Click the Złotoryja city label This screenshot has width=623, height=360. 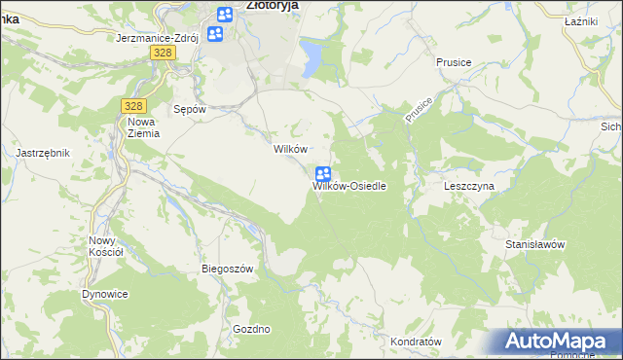(272, 5)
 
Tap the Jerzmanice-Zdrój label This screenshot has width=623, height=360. (157, 38)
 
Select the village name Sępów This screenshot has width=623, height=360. (189, 109)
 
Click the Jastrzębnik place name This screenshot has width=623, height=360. (42, 153)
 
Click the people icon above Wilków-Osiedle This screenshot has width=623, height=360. (323, 174)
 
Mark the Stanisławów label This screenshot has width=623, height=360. (535, 244)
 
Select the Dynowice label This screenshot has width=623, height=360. (105, 294)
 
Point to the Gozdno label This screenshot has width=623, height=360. (251, 329)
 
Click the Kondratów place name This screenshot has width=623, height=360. (416, 342)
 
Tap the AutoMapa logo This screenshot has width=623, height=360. (557, 341)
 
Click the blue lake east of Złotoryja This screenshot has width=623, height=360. (311, 57)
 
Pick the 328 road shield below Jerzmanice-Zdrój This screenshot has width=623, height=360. (163, 54)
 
